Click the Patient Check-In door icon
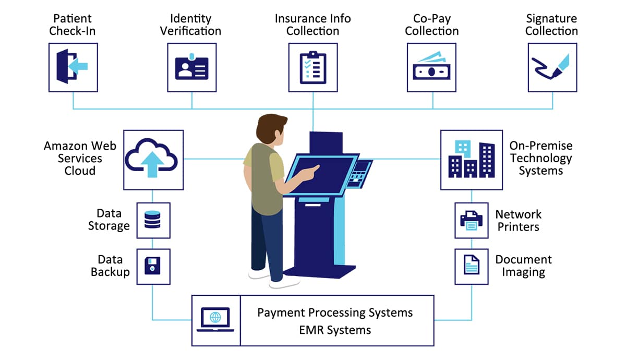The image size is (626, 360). [x=73, y=67]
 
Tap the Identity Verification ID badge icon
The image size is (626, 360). [x=191, y=67]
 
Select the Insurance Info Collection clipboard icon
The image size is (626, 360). [x=312, y=67]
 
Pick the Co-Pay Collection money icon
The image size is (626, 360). [x=431, y=67]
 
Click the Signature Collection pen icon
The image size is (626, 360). [x=552, y=67]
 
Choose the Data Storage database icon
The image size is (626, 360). [x=153, y=220]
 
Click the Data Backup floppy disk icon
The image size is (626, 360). [x=153, y=266]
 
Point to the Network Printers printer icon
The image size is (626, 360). [x=471, y=220]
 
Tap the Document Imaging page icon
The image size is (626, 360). [x=471, y=266]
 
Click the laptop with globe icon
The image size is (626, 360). [x=215, y=319]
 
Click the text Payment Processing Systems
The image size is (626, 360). [x=335, y=313]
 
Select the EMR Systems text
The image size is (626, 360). [x=335, y=330]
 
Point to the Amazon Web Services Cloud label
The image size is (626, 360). [x=80, y=158]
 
